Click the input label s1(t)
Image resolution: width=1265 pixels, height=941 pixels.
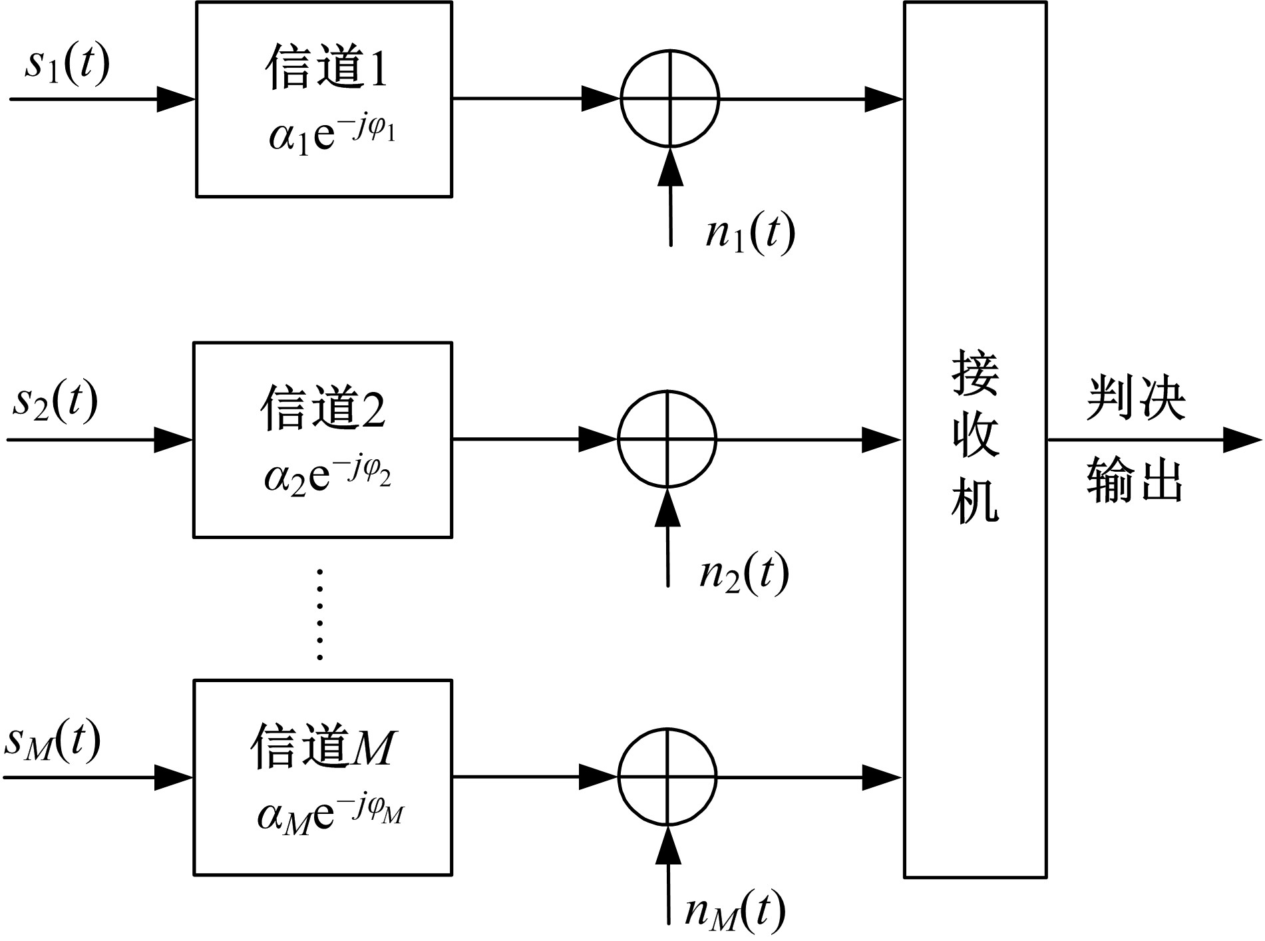[x=67, y=65]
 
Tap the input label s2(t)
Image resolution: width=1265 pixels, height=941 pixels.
[x=55, y=401]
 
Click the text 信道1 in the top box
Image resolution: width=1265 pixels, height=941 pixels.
[x=326, y=68]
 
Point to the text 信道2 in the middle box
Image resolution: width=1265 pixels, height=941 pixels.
[x=323, y=408]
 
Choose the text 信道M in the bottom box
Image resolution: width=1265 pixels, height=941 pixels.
[x=323, y=747]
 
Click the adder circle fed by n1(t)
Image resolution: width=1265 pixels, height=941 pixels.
[x=670, y=98]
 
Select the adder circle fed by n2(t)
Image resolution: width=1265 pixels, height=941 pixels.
[x=667, y=439]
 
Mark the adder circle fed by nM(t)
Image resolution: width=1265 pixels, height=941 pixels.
[x=667, y=777]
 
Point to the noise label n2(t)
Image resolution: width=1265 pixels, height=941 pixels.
[x=743, y=574]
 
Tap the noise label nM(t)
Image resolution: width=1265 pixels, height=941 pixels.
[x=735, y=912]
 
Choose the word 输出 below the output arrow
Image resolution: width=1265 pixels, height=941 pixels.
[x=1136, y=480]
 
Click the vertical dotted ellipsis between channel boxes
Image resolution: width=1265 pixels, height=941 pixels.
[x=320, y=614]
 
